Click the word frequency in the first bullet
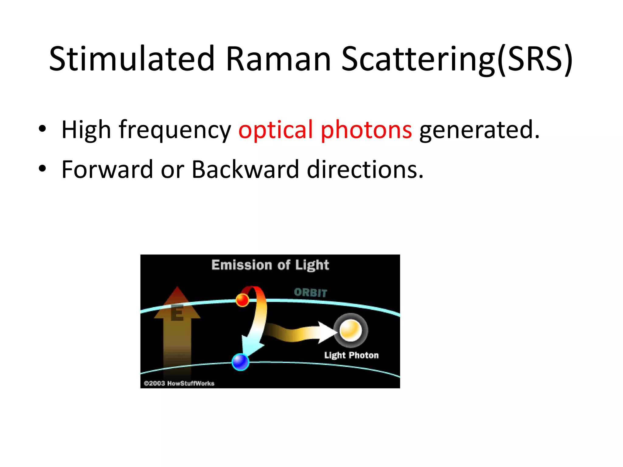(x=175, y=130)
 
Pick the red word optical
(x=276, y=130)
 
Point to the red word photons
(x=366, y=130)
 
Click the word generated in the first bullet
(x=479, y=130)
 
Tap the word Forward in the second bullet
(x=107, y=169)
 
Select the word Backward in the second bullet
(x=245, y=169)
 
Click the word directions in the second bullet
(x=365, y=169)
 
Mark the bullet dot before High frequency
(x=42, y=129)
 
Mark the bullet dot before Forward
(x=42, y=168)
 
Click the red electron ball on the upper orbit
(x=242, y=300)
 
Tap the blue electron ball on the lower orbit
(x=240, y=362)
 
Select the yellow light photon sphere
(x=350, y=330)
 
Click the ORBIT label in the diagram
(x=310, y=292)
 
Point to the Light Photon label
(x=351, y=355)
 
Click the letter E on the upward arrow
(x=177, y=313)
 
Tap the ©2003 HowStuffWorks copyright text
(x=179, y=383)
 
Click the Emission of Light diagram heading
(x=270, y=265)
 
